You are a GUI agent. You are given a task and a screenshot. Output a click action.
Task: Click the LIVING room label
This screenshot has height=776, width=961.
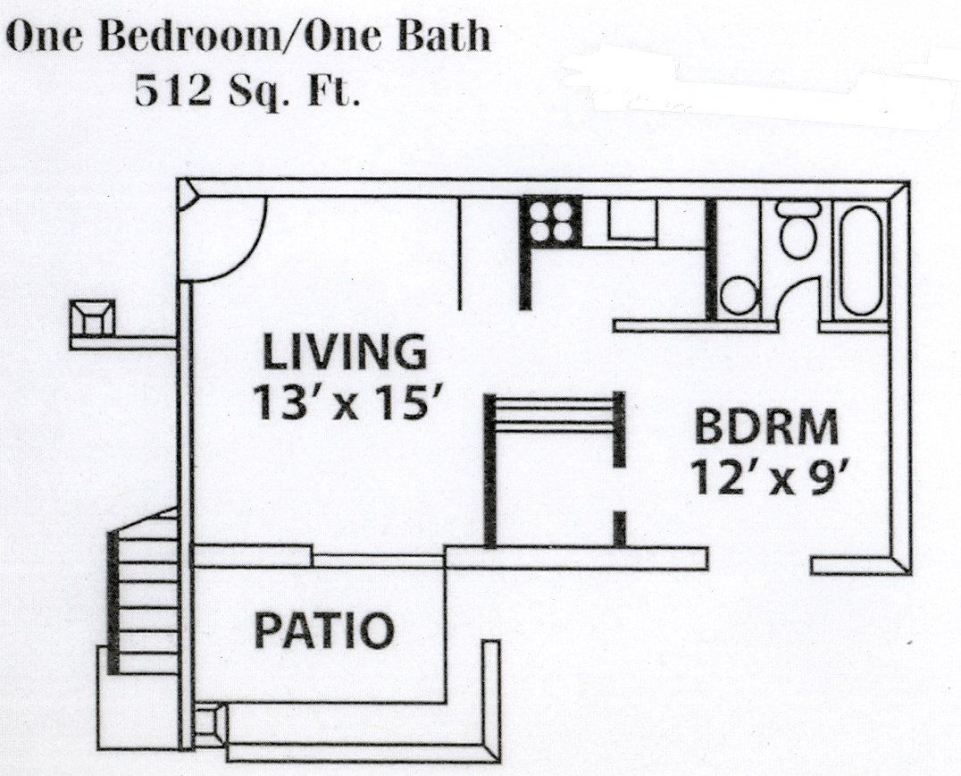pyautogui.click(x=344, y=351)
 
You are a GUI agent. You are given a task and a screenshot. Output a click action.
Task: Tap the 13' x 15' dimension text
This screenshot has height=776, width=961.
pyautogui.click(x=348, y=401)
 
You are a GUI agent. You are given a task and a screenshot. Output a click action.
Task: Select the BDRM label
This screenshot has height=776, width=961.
pyautogui.click(x=766, y=427)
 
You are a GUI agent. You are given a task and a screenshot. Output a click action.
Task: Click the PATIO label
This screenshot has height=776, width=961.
pyautogui.click(x=323, y=630)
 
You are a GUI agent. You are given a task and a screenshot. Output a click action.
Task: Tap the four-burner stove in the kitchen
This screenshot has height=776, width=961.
pyautogui.click(x=551, y=221)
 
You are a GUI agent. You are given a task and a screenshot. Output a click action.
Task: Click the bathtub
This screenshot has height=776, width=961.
pyautogui.click(x=862, y=260)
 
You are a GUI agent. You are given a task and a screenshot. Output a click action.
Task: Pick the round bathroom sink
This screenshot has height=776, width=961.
pyautogui.click(x=739, y=296)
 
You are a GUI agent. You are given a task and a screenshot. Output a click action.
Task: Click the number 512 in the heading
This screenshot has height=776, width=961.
pyautogui.click(x=172, y=90)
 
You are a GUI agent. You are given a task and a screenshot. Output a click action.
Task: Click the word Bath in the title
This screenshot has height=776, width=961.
pyautogui.click(x=444, y=37)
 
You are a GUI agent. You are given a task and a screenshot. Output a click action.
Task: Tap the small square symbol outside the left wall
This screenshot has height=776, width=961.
pyautogui.click(x=92, y=317)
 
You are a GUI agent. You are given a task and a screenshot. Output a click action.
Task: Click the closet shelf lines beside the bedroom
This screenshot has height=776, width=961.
pyautogui.click(x=554, y=415)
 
